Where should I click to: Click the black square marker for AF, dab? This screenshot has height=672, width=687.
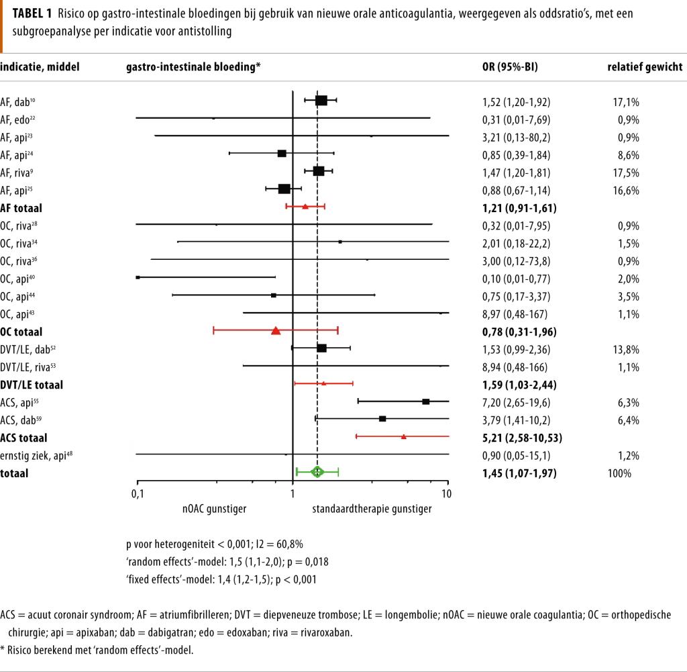pos(321,101)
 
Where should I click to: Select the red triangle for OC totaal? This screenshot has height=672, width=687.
pos(276,330)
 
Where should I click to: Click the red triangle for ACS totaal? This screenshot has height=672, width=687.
pos(404,436)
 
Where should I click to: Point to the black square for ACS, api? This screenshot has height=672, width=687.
pos(426,401)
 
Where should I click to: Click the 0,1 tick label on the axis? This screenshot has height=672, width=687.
pos(138,494)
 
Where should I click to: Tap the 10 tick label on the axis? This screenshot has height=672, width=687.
pos(447,494)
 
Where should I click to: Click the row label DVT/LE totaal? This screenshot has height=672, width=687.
pos(32,385)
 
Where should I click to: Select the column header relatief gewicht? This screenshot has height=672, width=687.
pos(645,67)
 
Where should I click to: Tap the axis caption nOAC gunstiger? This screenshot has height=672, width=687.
pos(214,509)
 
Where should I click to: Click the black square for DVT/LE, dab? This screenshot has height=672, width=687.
pos(321,348)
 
